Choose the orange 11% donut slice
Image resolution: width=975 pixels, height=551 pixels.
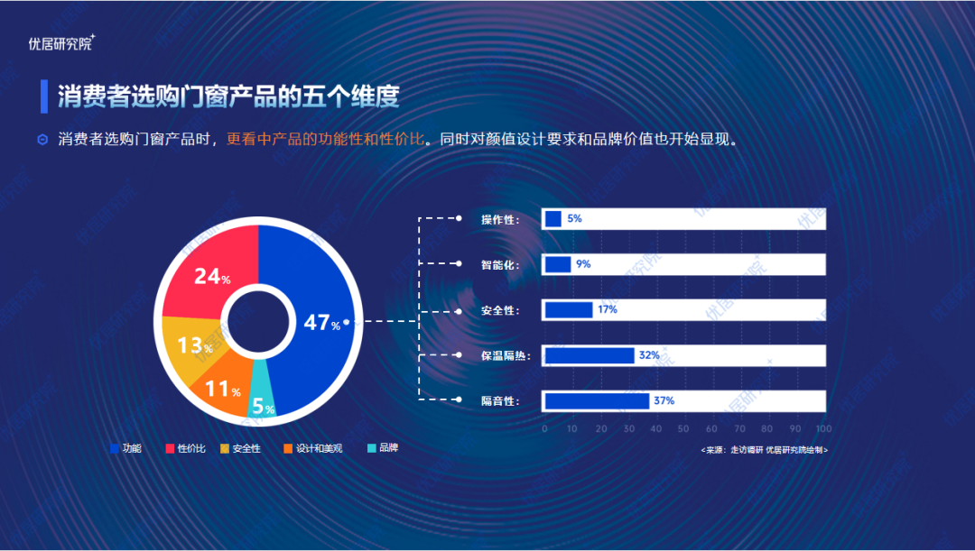click(x=217, y=390)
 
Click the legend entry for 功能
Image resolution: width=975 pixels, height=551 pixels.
click(x=125, y=448)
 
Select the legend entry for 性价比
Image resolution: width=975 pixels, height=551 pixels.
click(x=185, y=448)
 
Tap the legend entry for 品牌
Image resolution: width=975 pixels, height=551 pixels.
click(x=383, y=448)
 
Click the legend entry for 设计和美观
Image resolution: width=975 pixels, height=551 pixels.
click(x=312, y=448)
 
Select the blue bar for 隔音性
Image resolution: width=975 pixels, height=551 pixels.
click(x=597, y=400)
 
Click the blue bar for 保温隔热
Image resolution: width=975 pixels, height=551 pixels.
click(x=590, y=355)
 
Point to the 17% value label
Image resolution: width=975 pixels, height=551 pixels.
click(x=607, y=309)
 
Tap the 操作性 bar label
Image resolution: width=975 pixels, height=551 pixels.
click(x=500, y=219)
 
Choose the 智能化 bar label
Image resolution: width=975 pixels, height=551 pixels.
click(x=500, y=265)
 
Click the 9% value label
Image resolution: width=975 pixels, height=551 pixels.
click(x=583, y=264)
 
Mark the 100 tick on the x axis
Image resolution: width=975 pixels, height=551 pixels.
click(x=823, y=428)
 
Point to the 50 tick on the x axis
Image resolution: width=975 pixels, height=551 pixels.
click(x=683, y=428)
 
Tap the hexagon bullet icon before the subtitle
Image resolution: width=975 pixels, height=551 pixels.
click(x=42, y=140)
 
